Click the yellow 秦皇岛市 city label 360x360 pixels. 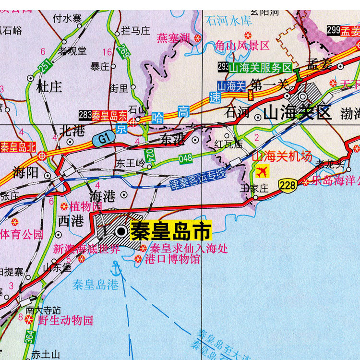[171, 231]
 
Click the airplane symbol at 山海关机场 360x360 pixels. [263, 170]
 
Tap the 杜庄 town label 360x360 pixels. [49, 87]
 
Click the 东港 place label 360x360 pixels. [172, 139]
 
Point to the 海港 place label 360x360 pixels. [102, 195]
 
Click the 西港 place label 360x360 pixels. [70, 221]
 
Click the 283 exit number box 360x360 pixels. [85, 115]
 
